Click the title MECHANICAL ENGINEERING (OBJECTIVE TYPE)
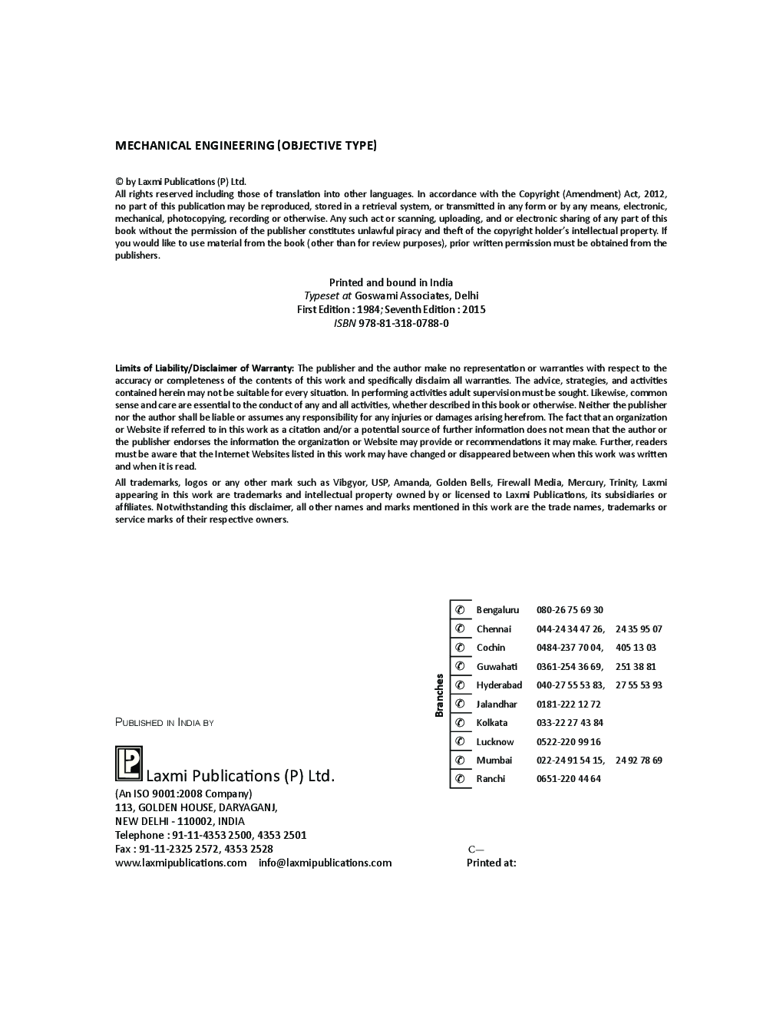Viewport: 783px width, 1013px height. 246,145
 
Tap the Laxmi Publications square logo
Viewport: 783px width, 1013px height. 129,764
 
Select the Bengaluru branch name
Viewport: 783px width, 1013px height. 497,610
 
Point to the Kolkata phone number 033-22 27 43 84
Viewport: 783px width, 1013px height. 570,723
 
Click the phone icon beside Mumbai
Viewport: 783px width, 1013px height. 460,761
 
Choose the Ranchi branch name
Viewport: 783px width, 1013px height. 491,779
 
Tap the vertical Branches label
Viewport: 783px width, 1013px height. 440,695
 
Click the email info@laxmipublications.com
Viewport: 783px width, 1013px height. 325,863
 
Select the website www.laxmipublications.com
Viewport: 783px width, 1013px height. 181,863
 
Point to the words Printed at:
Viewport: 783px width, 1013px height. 491,863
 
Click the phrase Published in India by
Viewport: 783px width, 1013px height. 164,722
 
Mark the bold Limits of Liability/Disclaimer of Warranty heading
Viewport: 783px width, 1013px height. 204,368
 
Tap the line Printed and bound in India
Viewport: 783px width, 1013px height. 391,282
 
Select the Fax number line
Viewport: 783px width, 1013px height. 194,849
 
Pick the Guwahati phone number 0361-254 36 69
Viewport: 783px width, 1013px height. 570,667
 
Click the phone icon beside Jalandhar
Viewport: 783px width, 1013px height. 460,704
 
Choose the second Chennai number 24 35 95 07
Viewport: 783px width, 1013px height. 639,629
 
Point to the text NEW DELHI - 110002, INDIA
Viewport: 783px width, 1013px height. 180,821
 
